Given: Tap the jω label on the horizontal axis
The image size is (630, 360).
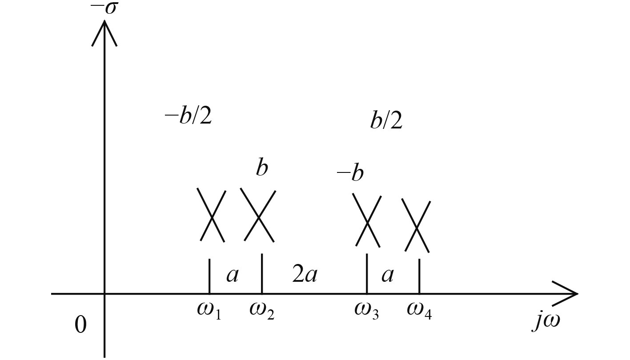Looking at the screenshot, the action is click(546, 321).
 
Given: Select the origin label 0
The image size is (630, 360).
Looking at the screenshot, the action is click(80, 325).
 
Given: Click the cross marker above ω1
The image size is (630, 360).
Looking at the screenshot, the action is click(212, 216).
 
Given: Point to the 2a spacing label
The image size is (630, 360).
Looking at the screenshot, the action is click(305, 275).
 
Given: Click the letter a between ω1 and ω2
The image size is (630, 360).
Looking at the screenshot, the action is click(233, 275).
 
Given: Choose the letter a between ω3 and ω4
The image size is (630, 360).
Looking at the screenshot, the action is click(388, 275).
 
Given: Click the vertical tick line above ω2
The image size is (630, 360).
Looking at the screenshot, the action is click(262, 273).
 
